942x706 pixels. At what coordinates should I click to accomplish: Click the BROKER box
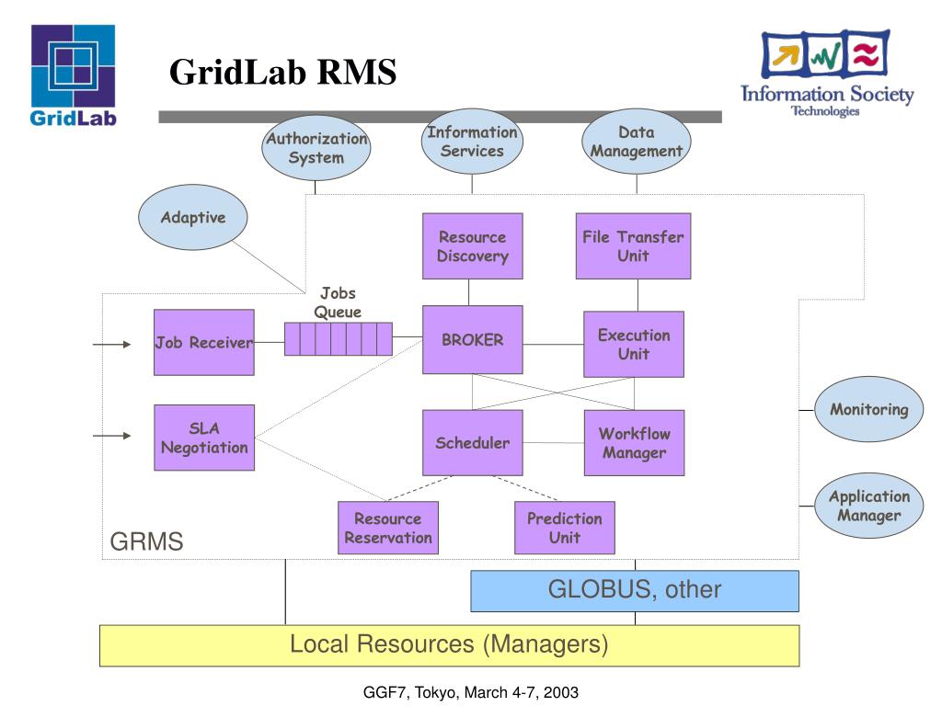pyautogui.click(x=472, y=340)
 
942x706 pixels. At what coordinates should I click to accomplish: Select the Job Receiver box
pyautogui.click(x=203, y=342)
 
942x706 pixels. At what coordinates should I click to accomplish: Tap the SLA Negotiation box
pyautogui.click(x=204, y=437)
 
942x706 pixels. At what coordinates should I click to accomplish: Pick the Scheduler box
pyautogui.click(x=472, y=442)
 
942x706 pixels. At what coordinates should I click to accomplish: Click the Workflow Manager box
pyautogui.click(x=634, y=442)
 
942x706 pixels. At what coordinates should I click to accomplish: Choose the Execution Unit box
pyautogui.click(x=634, y=344)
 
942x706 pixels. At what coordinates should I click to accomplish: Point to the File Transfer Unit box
pyautogui.click(x=633, y=245)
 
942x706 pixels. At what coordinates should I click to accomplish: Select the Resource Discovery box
pyautogui.click(x=472, y=245)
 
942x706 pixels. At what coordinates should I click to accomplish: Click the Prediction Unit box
pyautogui.click(x=565, y=528)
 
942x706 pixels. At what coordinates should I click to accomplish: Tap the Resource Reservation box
pyautogui.click(x=388, y=528)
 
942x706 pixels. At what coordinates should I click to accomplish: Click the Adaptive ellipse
pyautogui.click(x=193, y=217)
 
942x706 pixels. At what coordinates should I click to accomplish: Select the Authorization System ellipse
pyautogui.click(x=316, y=148)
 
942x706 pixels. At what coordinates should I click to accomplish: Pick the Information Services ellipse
pyautogui.click(x=472, y=141)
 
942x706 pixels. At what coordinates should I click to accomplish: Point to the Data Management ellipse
pyautogui.click(x=637, y=141)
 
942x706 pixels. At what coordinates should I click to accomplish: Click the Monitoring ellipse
pyautogui.click(x=868, y=409)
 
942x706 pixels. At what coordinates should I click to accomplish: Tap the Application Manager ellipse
pyautogui.click(x=868, y=506)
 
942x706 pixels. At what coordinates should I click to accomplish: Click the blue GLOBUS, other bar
pyautogui.click(x=635, y=591)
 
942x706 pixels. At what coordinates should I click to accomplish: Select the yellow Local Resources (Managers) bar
pyautogui.click(x=449, y=645)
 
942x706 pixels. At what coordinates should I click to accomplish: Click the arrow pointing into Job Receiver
pyautogui.click(x=111, y=344)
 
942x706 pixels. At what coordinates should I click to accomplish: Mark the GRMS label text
pyautogui.click(x=146, y=541)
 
